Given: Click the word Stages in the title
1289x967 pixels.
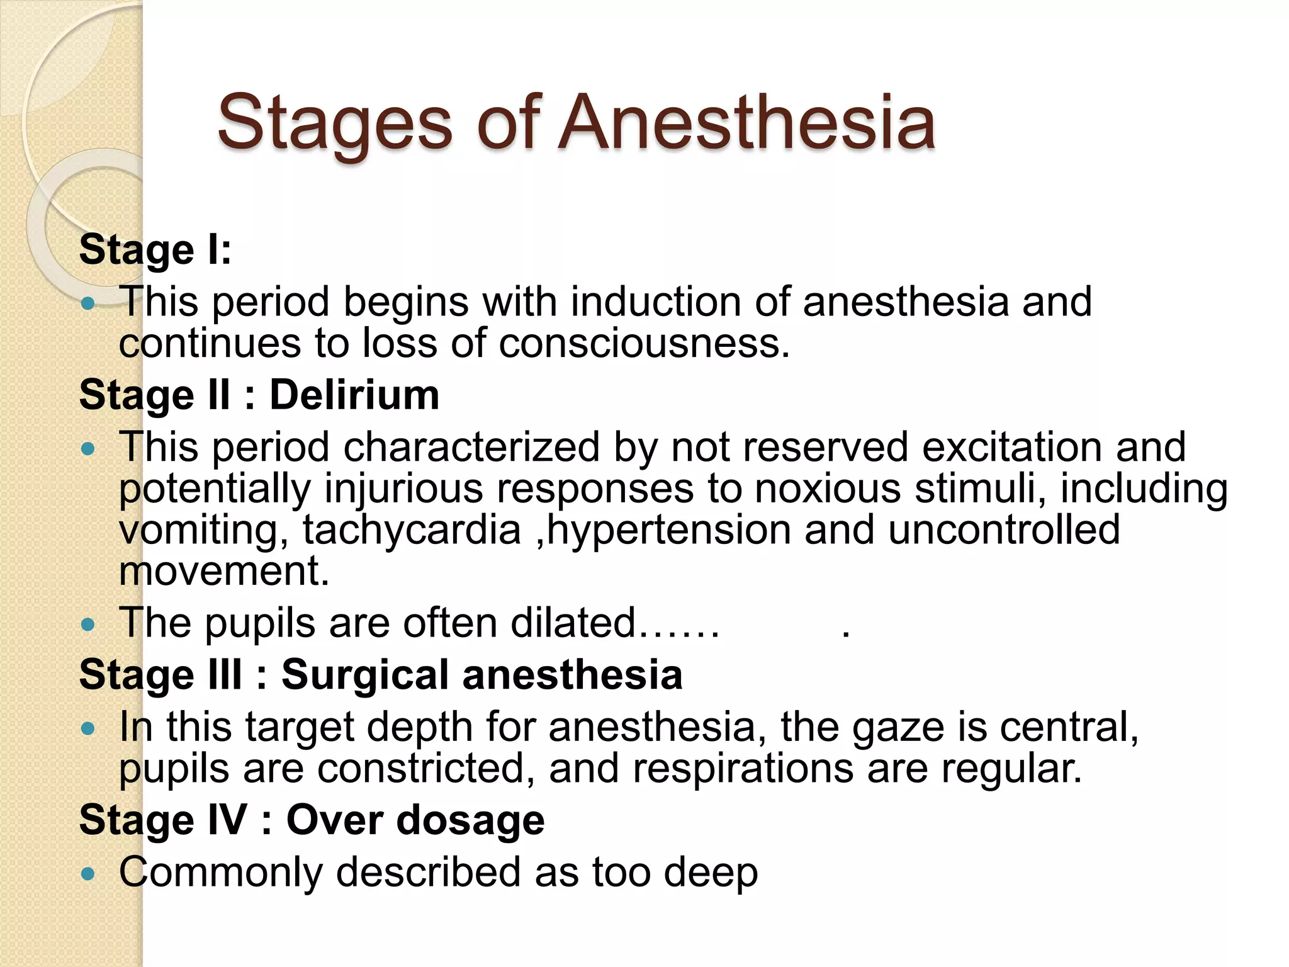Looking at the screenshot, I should tap(334, 124).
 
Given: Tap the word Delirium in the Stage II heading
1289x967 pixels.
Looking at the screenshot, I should tap(354, 395).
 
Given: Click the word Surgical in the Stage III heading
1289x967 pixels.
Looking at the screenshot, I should tap(365, 675).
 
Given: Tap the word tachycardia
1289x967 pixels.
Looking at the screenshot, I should tap(412, 530).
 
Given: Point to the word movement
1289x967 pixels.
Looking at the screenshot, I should tap(223, 572).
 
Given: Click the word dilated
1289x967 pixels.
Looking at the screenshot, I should tap(573, 623).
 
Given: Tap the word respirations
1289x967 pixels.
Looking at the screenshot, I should tap(743, 769).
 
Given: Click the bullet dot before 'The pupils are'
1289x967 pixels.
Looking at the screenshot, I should tap(88, 625).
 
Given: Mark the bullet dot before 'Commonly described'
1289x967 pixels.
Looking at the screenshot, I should tap(88, 874).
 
